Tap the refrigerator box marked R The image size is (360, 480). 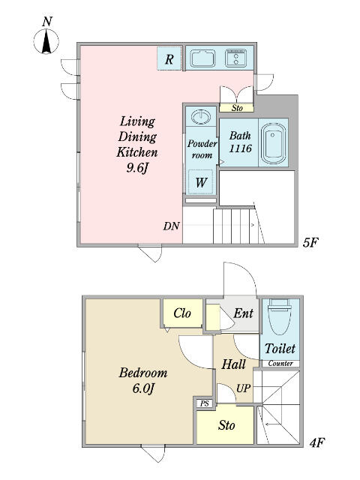pyautogui.click(x=169, y=58)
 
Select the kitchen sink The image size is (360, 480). pyautogui.click(x=202, y=58)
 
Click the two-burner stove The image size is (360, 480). pyautogui.click(x=236, y=58)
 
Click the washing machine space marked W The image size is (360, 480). pyautogui.click(x=200, y=182)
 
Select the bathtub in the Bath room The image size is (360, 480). pyautogui.click(x=273, y=143)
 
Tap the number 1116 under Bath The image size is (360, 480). pyautogui.click(x=241, y=148)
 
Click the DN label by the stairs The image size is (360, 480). pyautogui.click(x=171, y=226)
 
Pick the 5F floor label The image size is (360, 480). pyautogui.click(x=310, y=243)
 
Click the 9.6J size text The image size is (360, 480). pyautogui.click(x=137, y=167)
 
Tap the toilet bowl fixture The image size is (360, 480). pyautogui.click(x=278, y=318)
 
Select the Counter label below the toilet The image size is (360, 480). pyautogui.click(x=280, y=363)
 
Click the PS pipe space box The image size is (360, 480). pyautogui.click(x=205, y=403)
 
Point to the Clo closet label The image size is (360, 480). pyautogui.click(x=182, y=313)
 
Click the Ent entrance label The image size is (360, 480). pyautogui.click(x=243, y=313)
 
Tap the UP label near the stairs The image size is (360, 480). pyautogui.click(x=244, y=388)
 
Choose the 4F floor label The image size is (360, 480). pyautogui.click(x=316, y=442)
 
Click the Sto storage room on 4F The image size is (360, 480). pyautogui.click(x=225, y=424)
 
